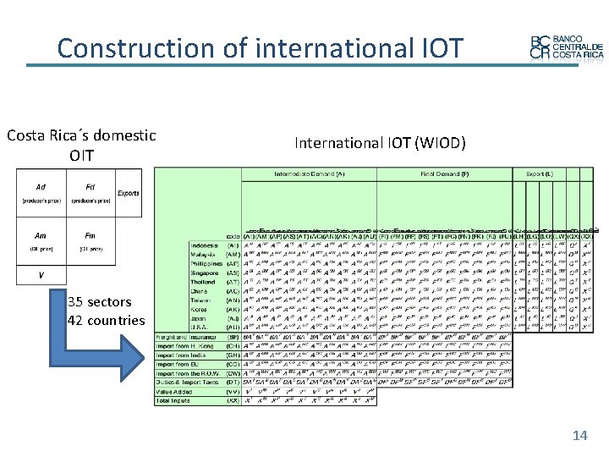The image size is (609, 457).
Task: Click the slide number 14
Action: tap(579, 435)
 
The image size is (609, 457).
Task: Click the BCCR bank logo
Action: tap(566, 48)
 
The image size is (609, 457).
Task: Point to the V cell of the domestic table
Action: tap(41, 275)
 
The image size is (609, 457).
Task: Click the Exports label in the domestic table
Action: tap(129, 192)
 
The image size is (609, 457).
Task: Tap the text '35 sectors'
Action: tap(99, 302)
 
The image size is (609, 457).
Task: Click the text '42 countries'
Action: tap(106, 321)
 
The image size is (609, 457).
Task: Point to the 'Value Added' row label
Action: tap(175, 391)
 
